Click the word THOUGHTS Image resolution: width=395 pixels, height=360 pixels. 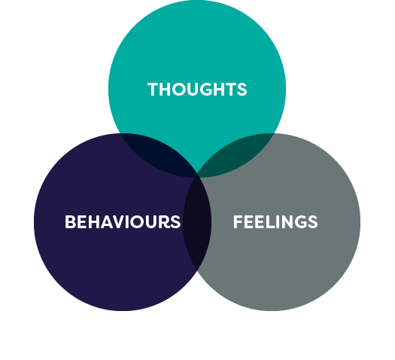(197, 90)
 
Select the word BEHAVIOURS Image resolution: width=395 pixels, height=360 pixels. (123, 222)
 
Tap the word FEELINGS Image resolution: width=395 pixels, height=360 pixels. (275, 222)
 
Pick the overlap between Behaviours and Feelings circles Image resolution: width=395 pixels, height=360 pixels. (197, 226)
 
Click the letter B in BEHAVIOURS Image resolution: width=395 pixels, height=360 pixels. (70, 222)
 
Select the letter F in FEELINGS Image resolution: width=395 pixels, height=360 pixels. (238, 222)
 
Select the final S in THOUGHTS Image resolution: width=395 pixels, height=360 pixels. (242, 90)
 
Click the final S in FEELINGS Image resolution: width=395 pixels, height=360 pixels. (312, 222)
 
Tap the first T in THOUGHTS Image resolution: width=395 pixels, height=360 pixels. (153, 90)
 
